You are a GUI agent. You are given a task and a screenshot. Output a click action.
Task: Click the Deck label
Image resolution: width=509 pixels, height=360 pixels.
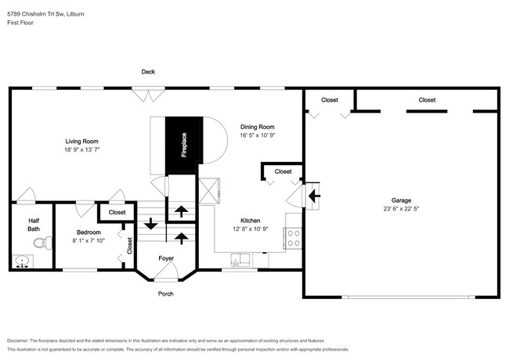tap(148, 72)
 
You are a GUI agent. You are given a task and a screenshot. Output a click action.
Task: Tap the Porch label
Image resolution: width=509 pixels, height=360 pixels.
tap(165, 293)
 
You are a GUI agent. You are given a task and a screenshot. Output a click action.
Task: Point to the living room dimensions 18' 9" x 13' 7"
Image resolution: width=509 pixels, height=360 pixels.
tap(82, 149)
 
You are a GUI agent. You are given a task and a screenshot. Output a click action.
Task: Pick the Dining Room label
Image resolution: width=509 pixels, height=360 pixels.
tap(258, 127)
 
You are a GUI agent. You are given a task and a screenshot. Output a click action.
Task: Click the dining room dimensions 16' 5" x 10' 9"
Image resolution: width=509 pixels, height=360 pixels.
tap(258, 135)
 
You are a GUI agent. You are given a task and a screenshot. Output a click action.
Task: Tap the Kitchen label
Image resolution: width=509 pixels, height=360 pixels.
tap(251, 221)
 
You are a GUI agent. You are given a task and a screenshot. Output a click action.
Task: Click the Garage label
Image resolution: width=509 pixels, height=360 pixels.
tap(401, 200)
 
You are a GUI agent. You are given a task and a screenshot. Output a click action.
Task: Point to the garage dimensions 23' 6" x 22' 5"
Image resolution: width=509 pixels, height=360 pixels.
tap(401, 208)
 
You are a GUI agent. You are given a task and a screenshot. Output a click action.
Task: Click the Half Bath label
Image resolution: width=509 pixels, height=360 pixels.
tap(34, 224)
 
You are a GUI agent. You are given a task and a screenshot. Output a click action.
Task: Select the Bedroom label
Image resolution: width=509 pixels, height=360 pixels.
tap(88, 232)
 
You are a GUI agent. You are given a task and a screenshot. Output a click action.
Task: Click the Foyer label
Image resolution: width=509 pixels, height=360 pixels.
tap(166, 258)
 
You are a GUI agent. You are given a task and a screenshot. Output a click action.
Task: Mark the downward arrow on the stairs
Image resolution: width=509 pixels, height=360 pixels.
tap(150, 223)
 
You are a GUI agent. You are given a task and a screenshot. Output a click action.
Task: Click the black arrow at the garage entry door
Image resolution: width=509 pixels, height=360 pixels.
tap(315, 195)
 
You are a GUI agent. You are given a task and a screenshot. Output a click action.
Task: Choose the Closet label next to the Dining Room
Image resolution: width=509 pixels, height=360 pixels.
tap(283, 171)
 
